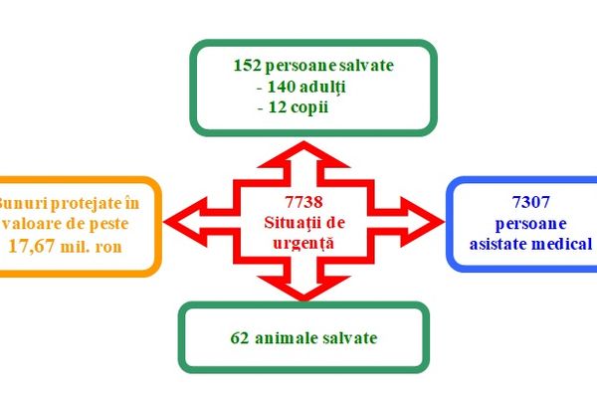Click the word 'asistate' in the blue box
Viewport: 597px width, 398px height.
pyautogui.click(x=495, y=243)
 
